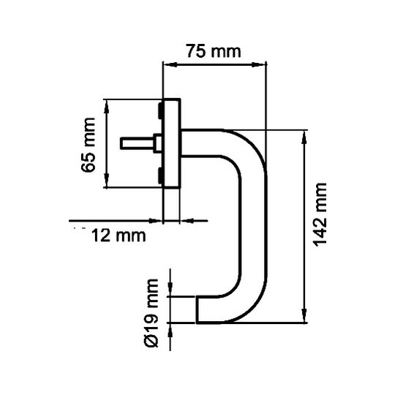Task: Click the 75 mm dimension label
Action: (x=214, y=51)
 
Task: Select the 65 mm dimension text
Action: (x=89, y=145)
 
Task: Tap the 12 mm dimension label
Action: (x=118, y=236)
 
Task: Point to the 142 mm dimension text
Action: (x=320, y=214)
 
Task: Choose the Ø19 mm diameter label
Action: (x=152, y=313)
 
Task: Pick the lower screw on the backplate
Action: (x=160, y=176)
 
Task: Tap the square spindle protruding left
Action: (x=138, y=143)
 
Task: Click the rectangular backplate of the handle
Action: (x=172, y=143)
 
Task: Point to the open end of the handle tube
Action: (x=197, y=309)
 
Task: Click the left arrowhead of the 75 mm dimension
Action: (x=169, y=65)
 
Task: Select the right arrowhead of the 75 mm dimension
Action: (x=259, y=65)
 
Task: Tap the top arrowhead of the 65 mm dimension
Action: (x=107, y=106)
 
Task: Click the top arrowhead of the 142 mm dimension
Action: (x=304, y=138)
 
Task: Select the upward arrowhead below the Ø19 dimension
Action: (x=170, y=330)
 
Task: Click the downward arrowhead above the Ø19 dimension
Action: (x=170, y=290)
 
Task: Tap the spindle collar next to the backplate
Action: (x=158, y=143)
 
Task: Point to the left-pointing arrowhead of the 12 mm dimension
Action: (x=188, y=221)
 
